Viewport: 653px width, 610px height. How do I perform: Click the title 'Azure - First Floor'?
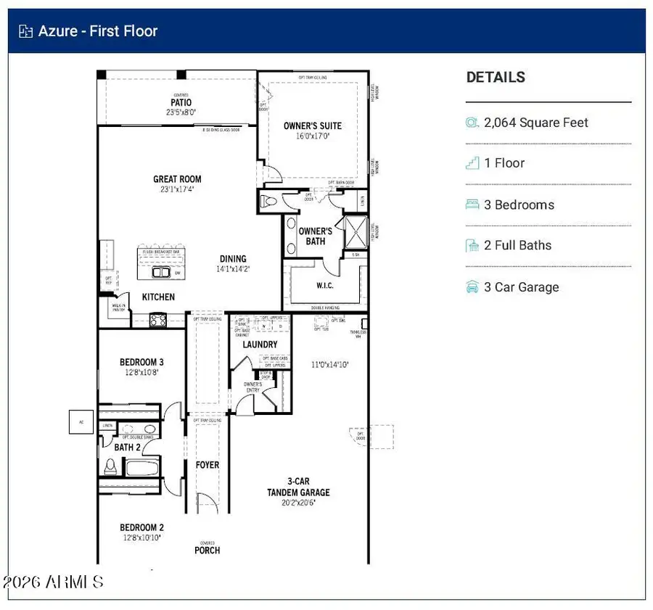click(97, 31)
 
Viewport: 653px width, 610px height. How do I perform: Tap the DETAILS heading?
click(496, 78)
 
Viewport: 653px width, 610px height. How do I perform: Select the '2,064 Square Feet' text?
click(536, 123)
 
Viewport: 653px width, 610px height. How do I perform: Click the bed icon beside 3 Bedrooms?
click(472, 205)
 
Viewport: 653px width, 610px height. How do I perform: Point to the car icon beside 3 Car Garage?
click(472, 287)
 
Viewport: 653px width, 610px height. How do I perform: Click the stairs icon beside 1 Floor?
click(472, 163)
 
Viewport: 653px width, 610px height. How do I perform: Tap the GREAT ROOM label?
click(177, 179)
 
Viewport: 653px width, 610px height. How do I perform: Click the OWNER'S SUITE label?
click(312, 125)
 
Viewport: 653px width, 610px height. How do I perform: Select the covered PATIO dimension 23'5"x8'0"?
click(181, 112)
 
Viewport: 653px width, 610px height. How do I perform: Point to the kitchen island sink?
click(160, 273)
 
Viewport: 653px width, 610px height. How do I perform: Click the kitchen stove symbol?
click(158, 319)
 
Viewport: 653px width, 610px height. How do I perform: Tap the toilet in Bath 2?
click(111, 465)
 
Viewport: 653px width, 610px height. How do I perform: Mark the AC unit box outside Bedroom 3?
click(81, 421)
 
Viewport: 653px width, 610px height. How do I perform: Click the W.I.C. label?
click(324, 285)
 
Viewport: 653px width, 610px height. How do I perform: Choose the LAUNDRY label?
click(260, 345)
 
